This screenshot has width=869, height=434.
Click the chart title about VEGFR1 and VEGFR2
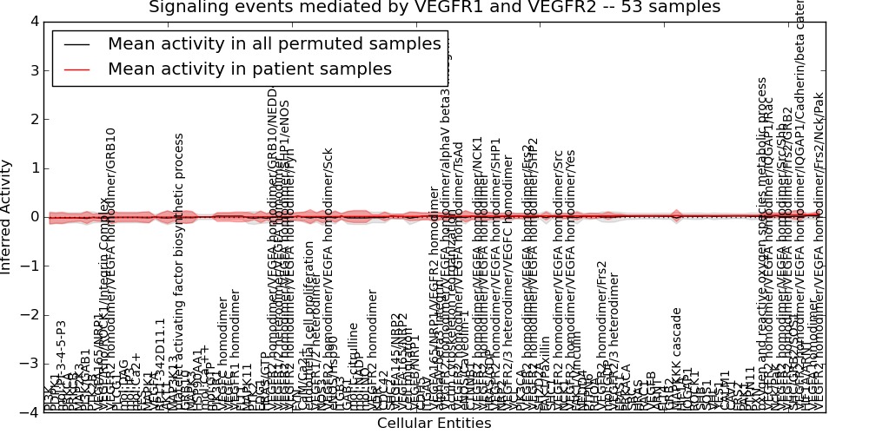point(434,8)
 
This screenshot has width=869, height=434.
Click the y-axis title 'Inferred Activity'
point(8,217)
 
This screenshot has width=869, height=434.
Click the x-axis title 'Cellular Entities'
point(434,424)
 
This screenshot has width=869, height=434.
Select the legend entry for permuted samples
point(274,44)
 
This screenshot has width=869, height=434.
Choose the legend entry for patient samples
point(249,69)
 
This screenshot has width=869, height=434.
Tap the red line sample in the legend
point(76,69)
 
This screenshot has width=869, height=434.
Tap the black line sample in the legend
point(76,44)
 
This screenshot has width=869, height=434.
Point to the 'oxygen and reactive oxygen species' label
point(762,243)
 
